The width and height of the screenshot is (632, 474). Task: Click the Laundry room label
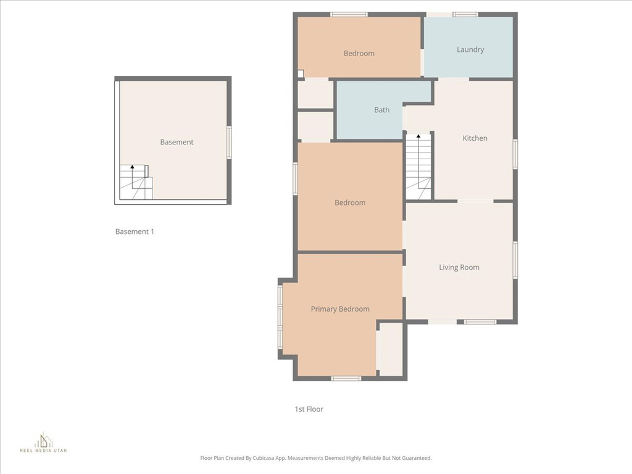tap(470, 50)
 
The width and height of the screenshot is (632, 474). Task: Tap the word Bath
tap(381, 110)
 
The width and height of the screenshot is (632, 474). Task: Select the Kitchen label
tap(475, 138)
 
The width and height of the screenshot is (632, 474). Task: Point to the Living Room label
tap(459, 267)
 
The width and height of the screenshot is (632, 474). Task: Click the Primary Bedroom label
tap(340, 309)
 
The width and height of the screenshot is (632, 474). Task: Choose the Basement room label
tap(177, 142)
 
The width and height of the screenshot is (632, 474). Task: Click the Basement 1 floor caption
tap(135, 231)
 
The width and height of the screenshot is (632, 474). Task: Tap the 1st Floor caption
tap(309, 409)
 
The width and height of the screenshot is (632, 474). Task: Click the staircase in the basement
tap(135, 183)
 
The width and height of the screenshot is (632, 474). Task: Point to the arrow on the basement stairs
tap(131, 168)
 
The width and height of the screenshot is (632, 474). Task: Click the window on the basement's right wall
tap(229, 142)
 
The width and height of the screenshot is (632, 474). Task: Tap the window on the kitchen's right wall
tap(515, 154)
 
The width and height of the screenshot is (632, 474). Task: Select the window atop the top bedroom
tap(349, 14)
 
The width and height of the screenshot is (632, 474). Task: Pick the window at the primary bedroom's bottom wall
tap(346, 378)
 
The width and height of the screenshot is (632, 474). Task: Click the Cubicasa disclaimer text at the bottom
tap(315, 458)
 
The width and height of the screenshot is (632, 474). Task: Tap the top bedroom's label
tap(359, 54)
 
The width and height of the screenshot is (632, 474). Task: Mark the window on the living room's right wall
tap(515, 260)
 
